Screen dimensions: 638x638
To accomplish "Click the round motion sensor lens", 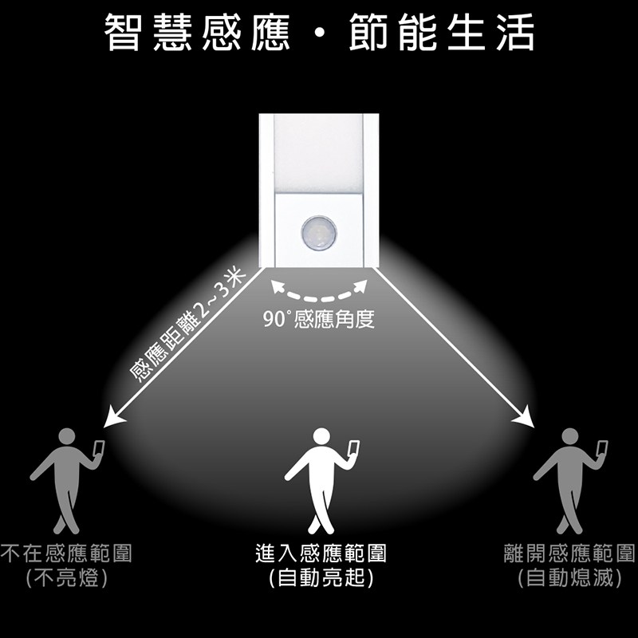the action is [x=318, y=233].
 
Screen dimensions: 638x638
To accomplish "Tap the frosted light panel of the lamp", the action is [x=318, y=153].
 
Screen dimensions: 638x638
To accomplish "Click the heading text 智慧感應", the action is [x=197, y=32].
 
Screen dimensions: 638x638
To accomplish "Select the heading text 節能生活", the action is [x=442, y=32].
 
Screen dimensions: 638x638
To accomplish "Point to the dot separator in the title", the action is [x=320, y=33].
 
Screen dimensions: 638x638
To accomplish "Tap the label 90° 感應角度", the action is [x=318, y=319].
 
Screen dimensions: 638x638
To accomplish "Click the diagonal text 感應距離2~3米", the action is [x=187, y=325].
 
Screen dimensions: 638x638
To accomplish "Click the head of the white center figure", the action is [x=321, y=435].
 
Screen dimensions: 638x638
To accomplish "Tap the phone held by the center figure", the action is [x=353, y=449].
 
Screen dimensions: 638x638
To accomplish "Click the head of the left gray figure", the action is [x=67, y=436].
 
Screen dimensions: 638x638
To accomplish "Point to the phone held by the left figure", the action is [x=98, y=449].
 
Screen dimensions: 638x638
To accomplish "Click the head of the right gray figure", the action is [x=569, y=436].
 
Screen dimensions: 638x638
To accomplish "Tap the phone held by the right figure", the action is [x=602, y=449].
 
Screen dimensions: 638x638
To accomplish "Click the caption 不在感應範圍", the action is [x=66, y=553].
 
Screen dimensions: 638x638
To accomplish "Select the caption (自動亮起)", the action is [x=321, y=577].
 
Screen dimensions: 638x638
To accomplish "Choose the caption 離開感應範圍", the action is [x=569, y=553].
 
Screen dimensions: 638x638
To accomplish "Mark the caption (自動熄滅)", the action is [x=569, y=577].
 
